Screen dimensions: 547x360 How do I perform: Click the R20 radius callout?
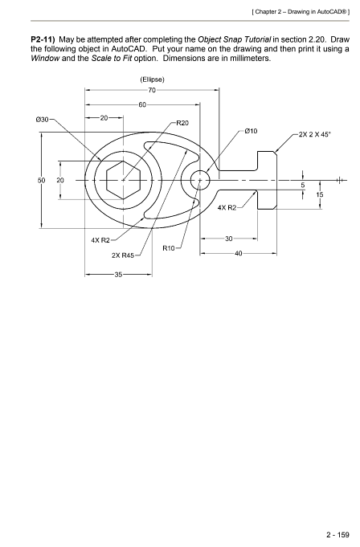[182, 123]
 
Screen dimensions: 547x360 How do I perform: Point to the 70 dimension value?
[151, 92]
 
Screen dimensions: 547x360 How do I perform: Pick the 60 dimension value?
[142, 105]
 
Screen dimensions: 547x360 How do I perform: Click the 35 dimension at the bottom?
[118, 275]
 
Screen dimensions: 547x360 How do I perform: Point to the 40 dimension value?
[237, 254]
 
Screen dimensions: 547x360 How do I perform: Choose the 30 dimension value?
[229, 239]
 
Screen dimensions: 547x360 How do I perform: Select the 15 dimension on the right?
[320, 194]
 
